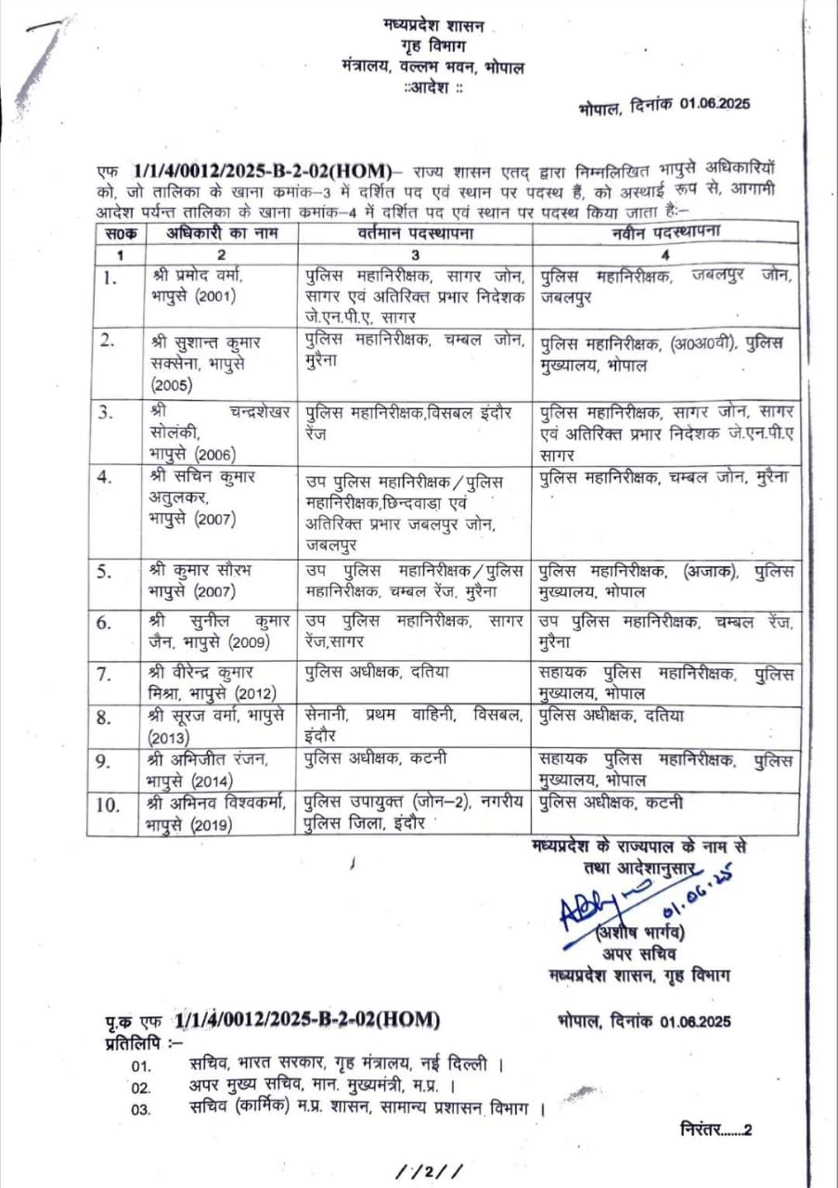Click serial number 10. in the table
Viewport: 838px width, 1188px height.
(109, 804)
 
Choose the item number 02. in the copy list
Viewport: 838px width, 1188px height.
(141, 1087)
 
